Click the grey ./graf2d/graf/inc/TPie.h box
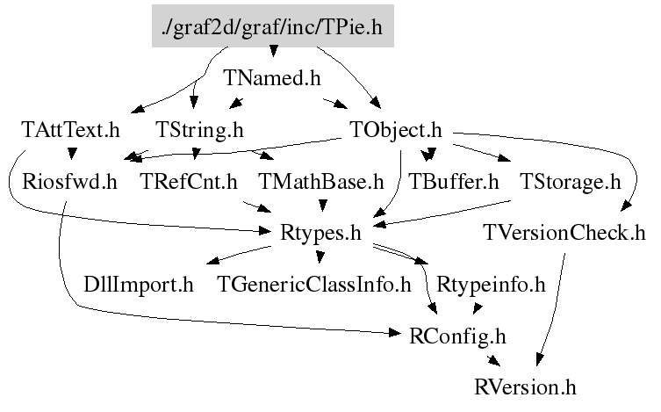(x=272, y=27)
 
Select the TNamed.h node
(x=272, y=78)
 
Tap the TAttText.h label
(x=70, y=131)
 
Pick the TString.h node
(x=200, y=131)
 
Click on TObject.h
(x=396, y=131)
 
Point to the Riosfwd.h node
(x=70, y=183)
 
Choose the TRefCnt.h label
(x=190, y=183)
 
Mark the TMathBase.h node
(x=322, y=183)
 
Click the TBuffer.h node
(x=454, y=183)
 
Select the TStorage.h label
(x=570, y=183)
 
